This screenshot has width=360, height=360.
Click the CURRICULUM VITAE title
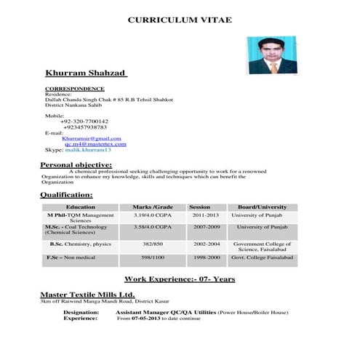tap(180, 20)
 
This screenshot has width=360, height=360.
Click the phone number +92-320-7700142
tap(84, 121)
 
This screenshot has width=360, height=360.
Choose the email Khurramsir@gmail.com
tap(92, 138)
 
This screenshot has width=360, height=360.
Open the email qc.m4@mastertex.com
tap(95, 144)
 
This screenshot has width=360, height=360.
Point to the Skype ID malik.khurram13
tap(88, 150)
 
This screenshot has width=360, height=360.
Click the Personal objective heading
tap(76, 165)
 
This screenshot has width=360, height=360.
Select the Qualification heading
tap(66, 195)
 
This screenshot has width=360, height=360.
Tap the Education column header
tap(80, 207)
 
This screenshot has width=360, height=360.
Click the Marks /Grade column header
tap(152, 207)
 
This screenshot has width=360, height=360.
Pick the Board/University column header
tap(262, 207)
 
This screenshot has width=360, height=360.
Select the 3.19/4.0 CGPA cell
tap(152, 216)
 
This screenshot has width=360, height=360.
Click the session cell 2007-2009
tap(206, 227)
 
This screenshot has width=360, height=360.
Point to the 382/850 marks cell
tap(153, 244)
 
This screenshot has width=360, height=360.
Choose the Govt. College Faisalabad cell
tap(263, 257)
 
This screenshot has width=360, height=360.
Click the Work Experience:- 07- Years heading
tap(179, 279)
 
